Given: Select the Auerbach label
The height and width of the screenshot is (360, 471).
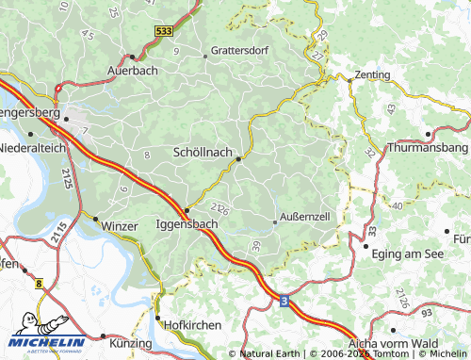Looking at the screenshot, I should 132,71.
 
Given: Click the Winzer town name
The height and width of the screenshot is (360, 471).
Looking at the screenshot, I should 119,226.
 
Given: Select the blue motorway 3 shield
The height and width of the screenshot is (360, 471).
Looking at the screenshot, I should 284,301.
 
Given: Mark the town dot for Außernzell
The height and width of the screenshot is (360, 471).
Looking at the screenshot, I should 274,222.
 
